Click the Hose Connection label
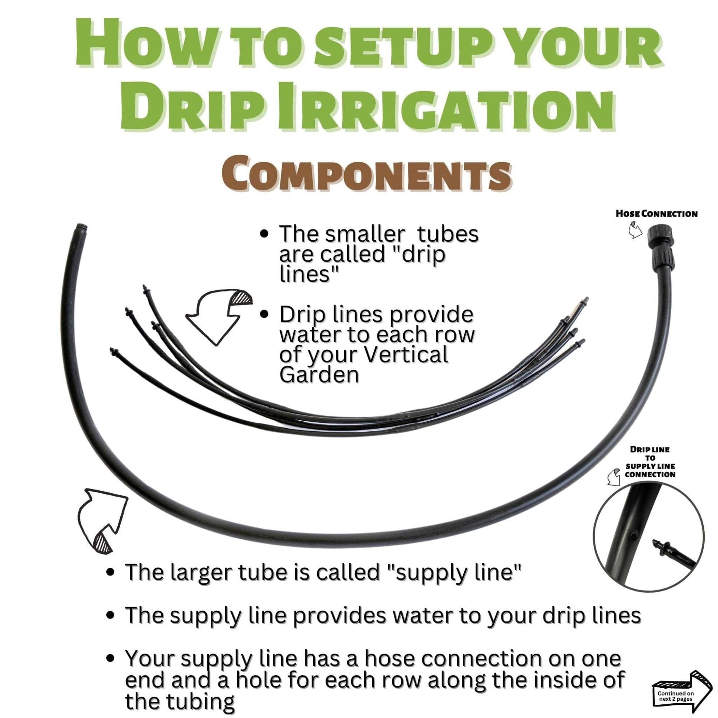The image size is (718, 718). pyautogui.click(x=656, y=214)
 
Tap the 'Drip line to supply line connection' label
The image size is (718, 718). pyautogui.click(x=650, y=462)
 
